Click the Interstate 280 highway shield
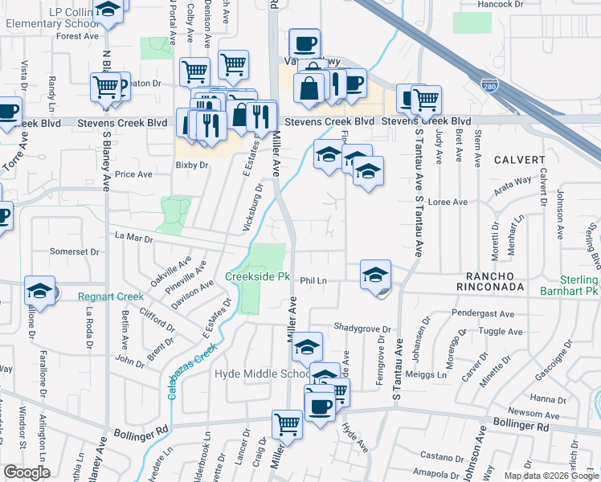click(489, 84)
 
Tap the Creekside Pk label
click(257, 276)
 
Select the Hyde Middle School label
click(261, 374)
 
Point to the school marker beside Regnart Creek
click(39, 291)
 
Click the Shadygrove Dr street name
click(362, 329)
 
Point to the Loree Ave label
click(448, 202)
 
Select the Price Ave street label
click(133, 174)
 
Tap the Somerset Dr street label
click(74, 251)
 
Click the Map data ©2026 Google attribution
click(550, 476)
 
